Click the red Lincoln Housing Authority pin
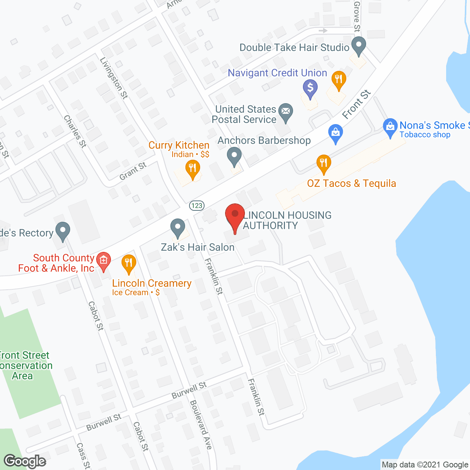[x=235, y=216]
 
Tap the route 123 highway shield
[x=197, y=205]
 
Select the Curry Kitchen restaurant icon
[x=192, y=169]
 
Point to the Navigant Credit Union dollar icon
[x=310, y=88]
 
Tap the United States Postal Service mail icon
[x=285, y=111]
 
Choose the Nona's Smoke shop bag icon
[x=390, y=127]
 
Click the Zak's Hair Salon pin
[x=178, y=228]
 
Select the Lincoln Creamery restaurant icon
[x=129, y=263]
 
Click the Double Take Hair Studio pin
[x=359, y=46]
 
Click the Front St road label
[x=357, y=104]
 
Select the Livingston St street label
[x=114, y=78]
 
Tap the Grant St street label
[x=133, y=171]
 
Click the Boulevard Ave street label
[x=201, y=424]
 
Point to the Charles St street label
[x=75, y=131]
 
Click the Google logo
[x=25, y=461]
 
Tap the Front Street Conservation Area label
[x=25, y=365]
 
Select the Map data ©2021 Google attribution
[x=425, y=465]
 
